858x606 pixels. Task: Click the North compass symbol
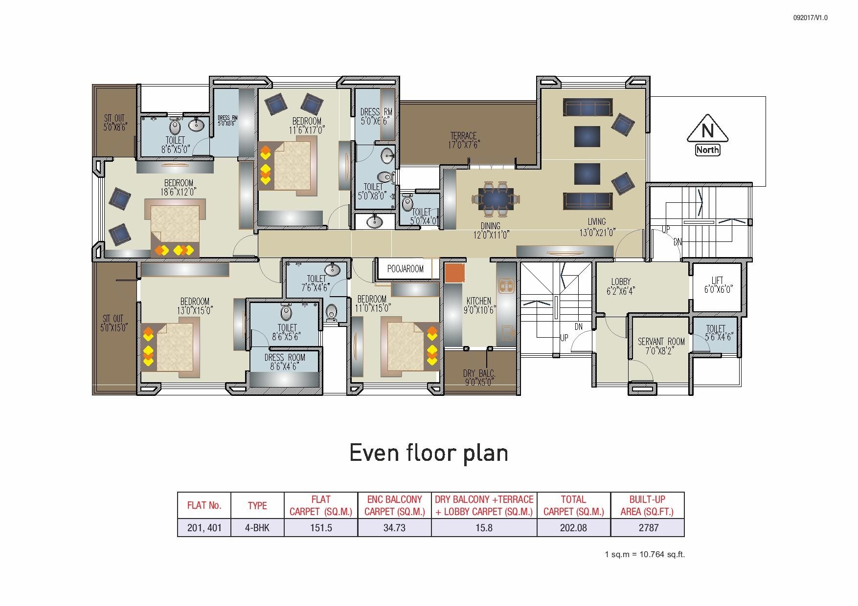tap(707, 134)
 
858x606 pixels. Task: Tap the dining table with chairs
tap(496, 198)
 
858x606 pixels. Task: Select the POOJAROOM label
tap(405, 269)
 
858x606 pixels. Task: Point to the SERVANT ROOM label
tap(661, 346)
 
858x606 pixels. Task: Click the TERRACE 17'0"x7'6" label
tap(463, 140)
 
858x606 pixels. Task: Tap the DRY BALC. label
tap(479, 378)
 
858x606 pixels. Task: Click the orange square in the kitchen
tap(454, 273)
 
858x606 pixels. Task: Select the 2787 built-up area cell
tap(648, 528)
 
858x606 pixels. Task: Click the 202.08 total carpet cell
tap(573, 528)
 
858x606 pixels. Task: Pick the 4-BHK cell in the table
tap(257, 528)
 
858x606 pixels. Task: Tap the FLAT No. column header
tap(204, 505)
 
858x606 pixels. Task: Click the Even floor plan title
tap(429, 453)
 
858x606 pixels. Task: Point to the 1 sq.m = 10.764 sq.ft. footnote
tap(645, 554)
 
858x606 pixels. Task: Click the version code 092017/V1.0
tap(810, 18)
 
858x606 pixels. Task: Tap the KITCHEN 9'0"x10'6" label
tap(479, 306)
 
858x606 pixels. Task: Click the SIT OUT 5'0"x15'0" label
tap(113, 324)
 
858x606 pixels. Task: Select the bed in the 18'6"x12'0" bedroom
tap(175, 227)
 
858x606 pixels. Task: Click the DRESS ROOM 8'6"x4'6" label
tap(285, 362)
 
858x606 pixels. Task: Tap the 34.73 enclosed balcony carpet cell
tap(394, 528)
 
